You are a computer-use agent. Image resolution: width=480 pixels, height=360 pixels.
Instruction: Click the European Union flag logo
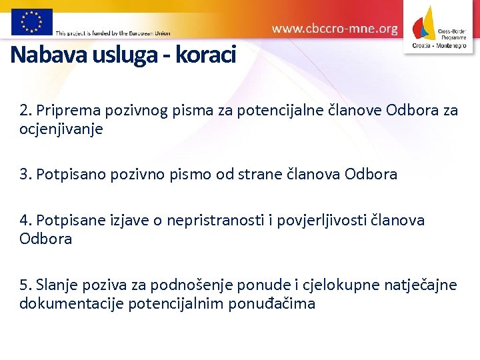[31, 21]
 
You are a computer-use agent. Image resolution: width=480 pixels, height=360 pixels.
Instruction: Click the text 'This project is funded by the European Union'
[113, 33]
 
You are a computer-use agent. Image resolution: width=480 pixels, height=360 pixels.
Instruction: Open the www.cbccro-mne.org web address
[335, 29]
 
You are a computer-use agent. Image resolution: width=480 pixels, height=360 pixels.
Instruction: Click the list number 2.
[25, 110]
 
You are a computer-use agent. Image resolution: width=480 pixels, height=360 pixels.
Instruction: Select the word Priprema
[66, 110]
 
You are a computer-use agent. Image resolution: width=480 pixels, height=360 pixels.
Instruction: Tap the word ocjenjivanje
[61, 129]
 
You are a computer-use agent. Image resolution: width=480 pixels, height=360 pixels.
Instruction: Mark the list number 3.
[25, 175]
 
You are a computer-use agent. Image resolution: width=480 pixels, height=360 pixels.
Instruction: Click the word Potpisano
[71, 175]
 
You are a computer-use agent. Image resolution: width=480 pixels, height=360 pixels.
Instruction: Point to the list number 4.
[25, 220]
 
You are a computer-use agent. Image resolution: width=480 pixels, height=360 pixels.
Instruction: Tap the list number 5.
[25, 285]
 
